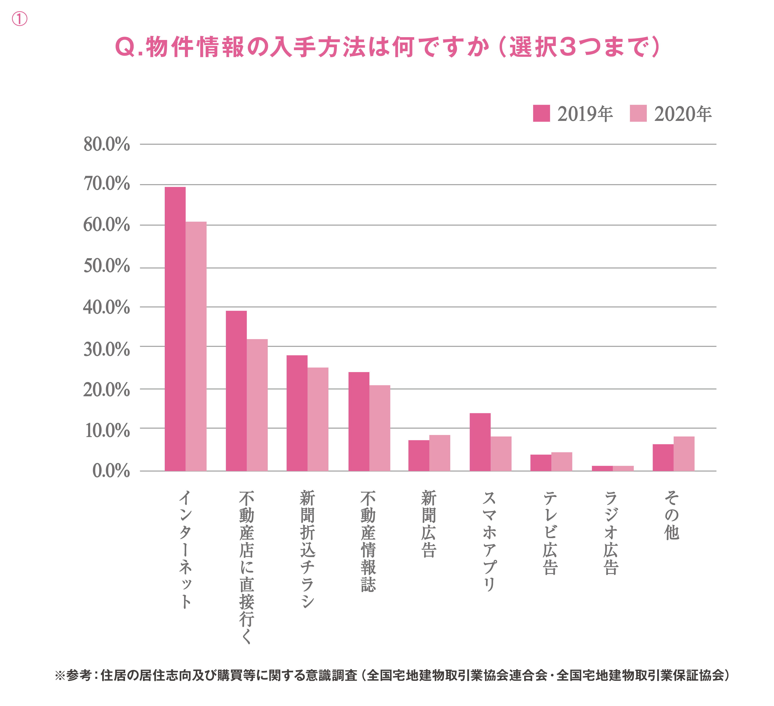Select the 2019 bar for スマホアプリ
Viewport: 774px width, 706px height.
coord(480,442)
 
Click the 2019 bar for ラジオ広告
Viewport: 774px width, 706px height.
coord(602,468)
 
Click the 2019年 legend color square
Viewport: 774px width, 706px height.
coord(541,113)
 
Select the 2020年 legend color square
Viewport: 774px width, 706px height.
coord(638,113)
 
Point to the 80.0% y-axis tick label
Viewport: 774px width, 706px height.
coord(107,145)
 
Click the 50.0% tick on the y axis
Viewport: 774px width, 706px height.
coord(107,266)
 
